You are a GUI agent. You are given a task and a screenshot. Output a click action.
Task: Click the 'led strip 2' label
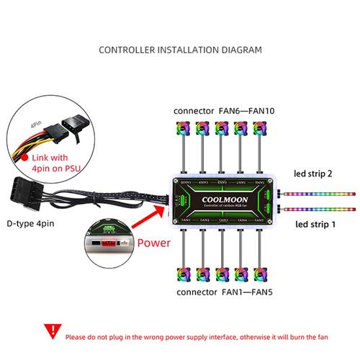click(313, 174)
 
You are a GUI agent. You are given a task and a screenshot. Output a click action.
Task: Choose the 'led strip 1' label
click(313, 225)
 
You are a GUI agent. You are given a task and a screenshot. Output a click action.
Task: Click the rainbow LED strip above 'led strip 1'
click(317, 210)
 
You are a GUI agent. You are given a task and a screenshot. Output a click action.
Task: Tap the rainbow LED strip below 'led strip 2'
click(317, 192)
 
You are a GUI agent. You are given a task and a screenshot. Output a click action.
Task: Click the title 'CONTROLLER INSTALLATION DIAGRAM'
click(180, 51)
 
